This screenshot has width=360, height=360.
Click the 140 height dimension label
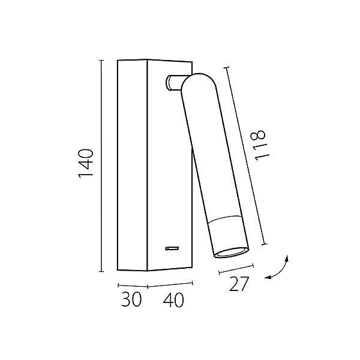86,163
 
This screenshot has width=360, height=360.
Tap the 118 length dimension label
260,145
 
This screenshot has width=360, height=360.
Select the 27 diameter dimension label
239,284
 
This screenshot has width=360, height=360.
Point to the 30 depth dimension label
131,299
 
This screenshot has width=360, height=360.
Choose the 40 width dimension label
173,299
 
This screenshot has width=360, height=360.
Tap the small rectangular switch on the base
172,248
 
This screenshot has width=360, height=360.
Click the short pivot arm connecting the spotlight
174,82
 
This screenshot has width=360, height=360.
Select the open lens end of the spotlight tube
231,253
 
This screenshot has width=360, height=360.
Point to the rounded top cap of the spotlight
199,82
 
